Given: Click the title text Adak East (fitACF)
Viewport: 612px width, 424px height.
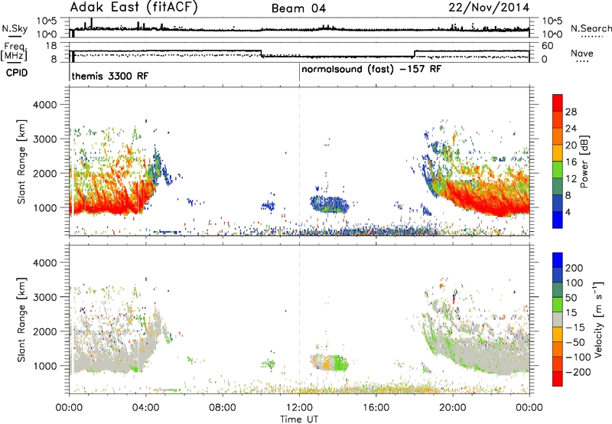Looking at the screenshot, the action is pyautogui.click(x=134, y=8).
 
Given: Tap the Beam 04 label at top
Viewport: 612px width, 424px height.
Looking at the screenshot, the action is pyautogui.click(x=298, y=8).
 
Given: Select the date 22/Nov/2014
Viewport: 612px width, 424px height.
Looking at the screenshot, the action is pyautogui.click(x=489, y=8).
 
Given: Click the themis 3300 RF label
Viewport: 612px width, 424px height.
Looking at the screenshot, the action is pyautogui.click(x=110, y=76).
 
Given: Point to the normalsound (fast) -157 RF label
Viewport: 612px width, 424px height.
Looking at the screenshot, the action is pyautogui.click(x=372, y=70).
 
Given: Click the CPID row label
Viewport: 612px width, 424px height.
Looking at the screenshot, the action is pyautogui.click(x=17, y=73).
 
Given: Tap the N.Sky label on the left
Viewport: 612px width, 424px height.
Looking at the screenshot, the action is pyautogui.click(x=15, y=28).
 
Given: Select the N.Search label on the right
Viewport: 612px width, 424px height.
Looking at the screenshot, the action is pyautogui.click(x=591, y=28).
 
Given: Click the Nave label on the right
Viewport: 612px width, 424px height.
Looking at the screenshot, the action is pyautogui.click(x=582, y=54).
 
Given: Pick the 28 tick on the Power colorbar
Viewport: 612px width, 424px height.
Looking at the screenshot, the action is pyautogui.click(x=571, y=112).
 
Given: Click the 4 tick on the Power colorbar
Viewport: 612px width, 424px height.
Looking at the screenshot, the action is pyautogui.click(x=568, y=212).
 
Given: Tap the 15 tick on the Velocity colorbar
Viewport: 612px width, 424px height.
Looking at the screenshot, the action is pyautogui.click(x=571, y=313).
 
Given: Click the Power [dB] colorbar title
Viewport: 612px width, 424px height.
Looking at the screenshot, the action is pyautogui.click(x=584, y=161).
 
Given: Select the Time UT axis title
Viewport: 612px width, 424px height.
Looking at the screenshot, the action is pyautogui.click(x=299, y=419).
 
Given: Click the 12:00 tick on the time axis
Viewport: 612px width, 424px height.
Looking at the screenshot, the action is pyautogui.click(x=299, y=408).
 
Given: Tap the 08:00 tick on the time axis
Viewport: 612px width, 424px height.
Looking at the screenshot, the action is pyautogui.click(x=223, y=408).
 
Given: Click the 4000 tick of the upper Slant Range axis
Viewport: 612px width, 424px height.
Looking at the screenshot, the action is pyautogui.click(x=45, y=105).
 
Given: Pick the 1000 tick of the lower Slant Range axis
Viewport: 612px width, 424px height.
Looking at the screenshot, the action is pyautogui.click(x=45, y=366).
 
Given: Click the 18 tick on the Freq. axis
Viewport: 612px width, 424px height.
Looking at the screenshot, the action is pyautogui.click(x=51, y=46).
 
